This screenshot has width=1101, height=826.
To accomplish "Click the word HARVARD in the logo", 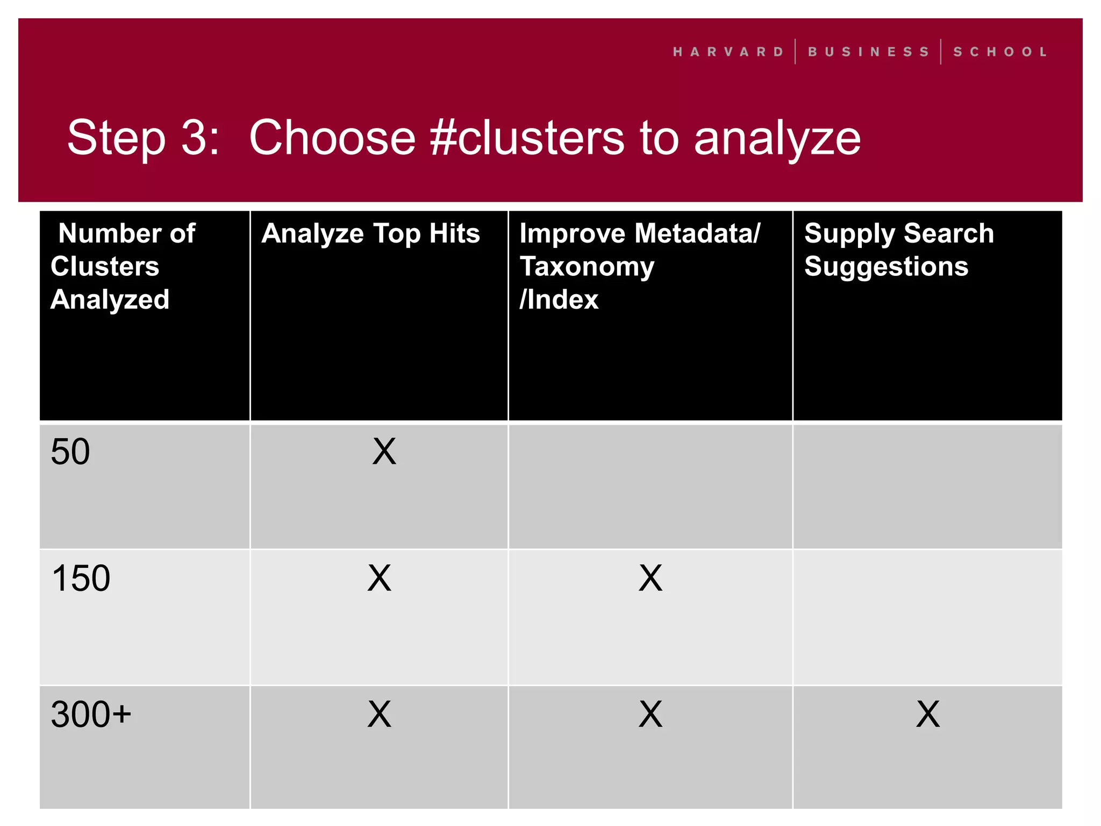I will (x=728, y=52).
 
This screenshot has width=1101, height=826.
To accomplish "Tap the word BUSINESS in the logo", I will (x=868, y=52).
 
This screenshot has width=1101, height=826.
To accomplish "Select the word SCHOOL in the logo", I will (x=1000, y=52).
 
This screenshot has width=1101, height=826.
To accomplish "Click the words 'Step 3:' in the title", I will (x=143, y=138).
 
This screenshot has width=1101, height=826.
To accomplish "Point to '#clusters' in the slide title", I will (x=527, y=138).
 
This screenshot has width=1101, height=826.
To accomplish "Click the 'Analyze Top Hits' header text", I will (x=370, y=233).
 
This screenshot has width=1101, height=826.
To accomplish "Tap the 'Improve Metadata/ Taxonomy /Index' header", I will (x=640, y=266).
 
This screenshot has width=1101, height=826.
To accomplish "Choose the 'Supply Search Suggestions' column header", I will (x=899, y=250).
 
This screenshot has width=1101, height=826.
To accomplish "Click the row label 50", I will (x=70, y=452).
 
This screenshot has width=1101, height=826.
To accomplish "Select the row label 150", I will (x=81, y=579).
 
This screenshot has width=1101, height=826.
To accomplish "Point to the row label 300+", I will (x=91, y=715).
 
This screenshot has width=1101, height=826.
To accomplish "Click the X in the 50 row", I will (x=384, y=452).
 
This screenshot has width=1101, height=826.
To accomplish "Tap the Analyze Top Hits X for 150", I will (x=380, y=579).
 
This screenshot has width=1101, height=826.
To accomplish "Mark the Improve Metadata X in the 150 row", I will (x=650, y=579).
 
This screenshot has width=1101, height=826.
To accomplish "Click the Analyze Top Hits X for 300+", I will (x=380, y=715).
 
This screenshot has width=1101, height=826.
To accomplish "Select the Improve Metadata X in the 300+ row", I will (x=650, y=715).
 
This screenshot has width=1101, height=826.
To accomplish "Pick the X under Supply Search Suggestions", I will (x=928, y=715).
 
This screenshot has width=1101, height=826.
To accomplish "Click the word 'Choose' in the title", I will (x=332, y=138).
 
